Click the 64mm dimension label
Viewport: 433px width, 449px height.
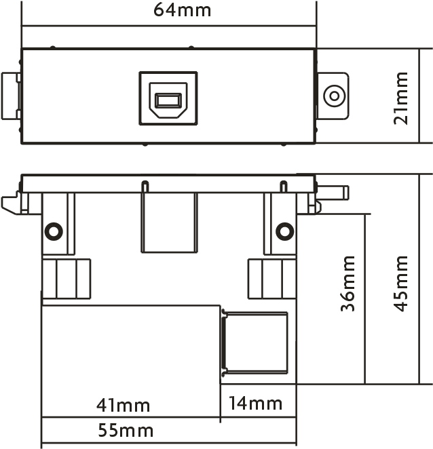tap(183, 9)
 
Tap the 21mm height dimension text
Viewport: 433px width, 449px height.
tap(400, 98)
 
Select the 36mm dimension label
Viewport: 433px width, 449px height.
tap(347, 284)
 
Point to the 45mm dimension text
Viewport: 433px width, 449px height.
tap(400, 284)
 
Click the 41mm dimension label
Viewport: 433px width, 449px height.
tap(124, 405)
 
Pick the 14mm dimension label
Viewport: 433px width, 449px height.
tap(255, 403)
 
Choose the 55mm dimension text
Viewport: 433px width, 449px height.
tap(126, 430)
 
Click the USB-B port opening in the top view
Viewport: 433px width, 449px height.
tap(168, 100)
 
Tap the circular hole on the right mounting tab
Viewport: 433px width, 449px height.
tap(334, 96)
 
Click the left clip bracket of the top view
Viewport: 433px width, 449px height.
tap(11, 96)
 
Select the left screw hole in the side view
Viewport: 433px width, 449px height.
tap(54, 231)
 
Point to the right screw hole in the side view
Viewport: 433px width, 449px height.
tap(284, 231)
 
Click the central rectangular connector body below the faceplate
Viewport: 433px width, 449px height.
tap(170, 222)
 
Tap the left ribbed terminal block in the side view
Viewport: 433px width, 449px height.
tap(67, 279)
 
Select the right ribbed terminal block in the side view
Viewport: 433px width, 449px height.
tap(272, 279)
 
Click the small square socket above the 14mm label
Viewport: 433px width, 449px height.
tap(255, 343)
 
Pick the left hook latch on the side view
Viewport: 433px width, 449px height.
tap(11, 203)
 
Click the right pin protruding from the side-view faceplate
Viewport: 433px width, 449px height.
tap(333, 193)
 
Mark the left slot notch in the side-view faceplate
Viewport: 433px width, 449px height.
tap(145, 187)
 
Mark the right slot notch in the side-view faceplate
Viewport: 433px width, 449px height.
tap(284, 187)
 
